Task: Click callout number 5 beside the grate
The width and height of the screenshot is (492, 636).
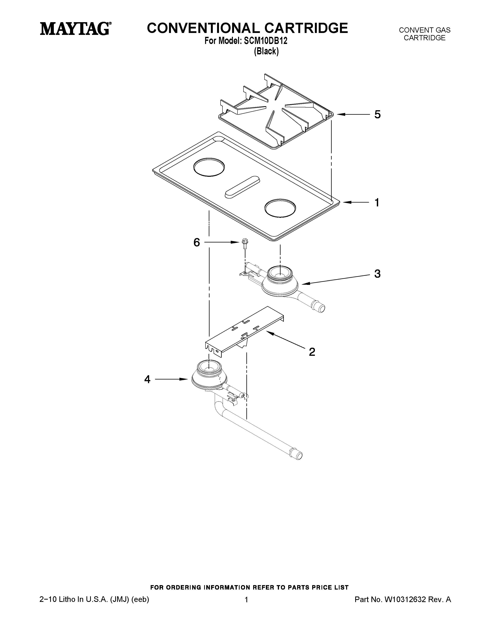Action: [377, 114]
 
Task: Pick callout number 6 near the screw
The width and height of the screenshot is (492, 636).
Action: [197, 242]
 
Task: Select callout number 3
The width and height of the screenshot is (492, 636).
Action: [377, 273]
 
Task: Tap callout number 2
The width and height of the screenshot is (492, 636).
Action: [312, 352]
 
